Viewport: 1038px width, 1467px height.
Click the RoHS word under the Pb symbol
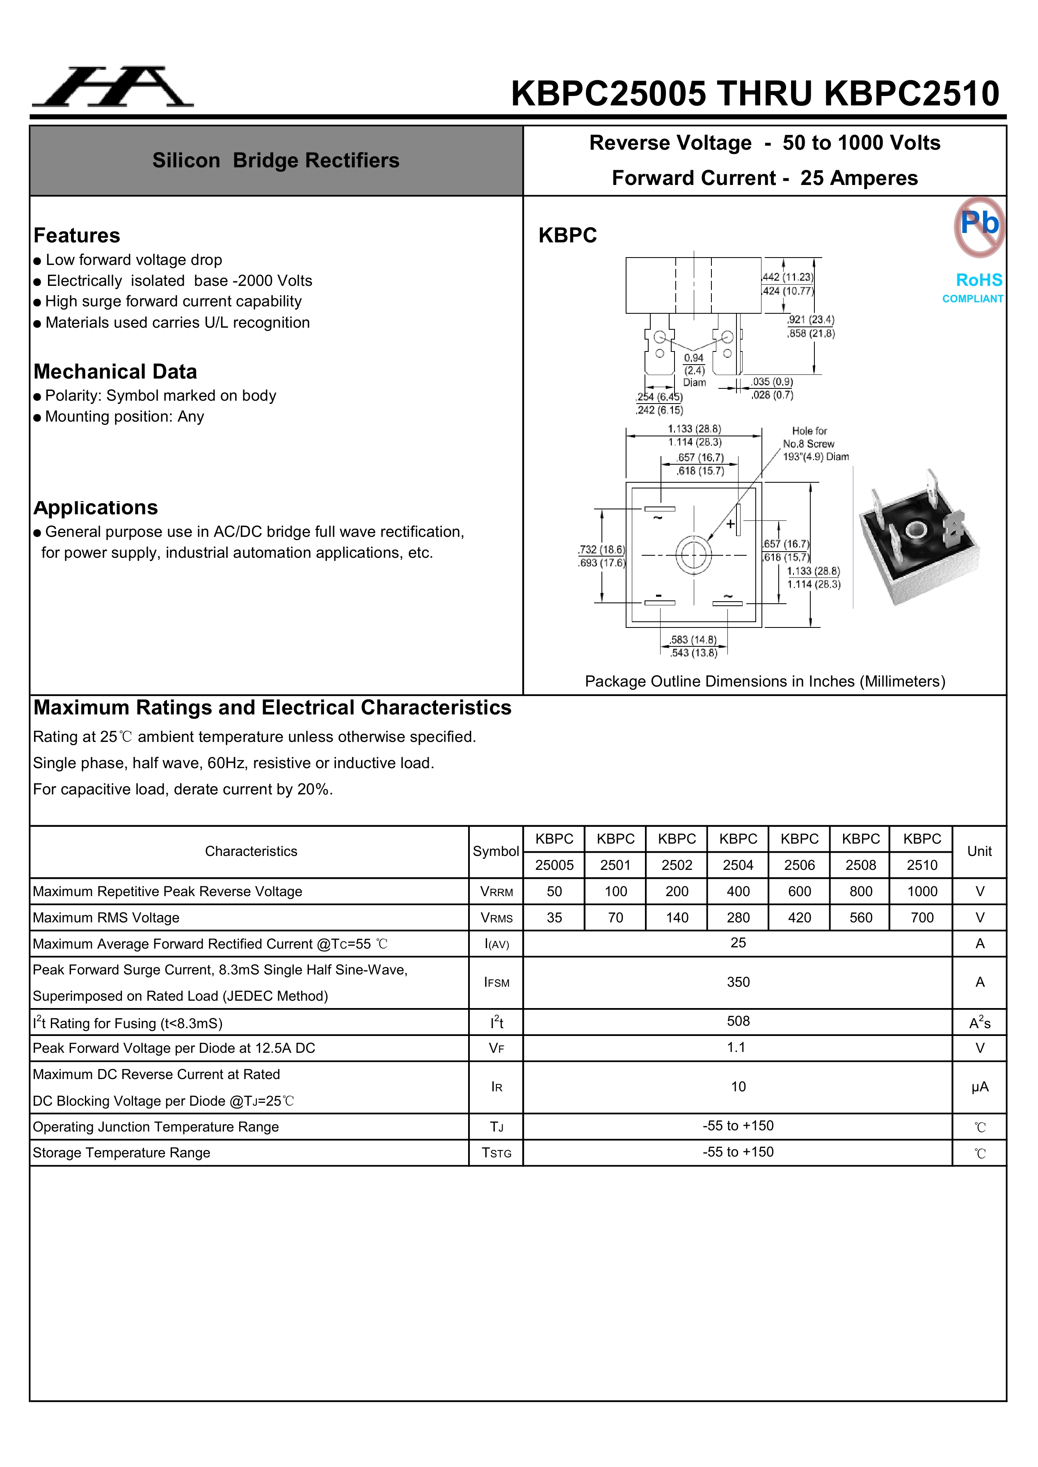pyautogui.click(x=979, y=280)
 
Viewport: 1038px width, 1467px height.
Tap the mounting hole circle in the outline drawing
pyautogui.click(x=693, y=554)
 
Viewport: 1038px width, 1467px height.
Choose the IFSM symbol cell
pyautogui.click(x=496, y=983)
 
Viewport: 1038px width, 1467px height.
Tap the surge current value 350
pyautogui.click(x=738, y=982)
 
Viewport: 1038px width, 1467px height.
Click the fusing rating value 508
pyautogui.click(x=738, y=1021)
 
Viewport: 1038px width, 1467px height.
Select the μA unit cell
pyautogui.click(x=979, y=1087)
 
